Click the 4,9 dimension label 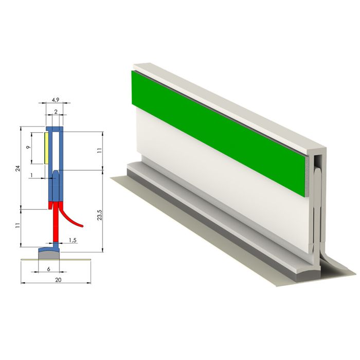click(x=56, y=100)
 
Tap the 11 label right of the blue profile click(x=99, y=150)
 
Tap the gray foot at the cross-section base click(x=49, y=253)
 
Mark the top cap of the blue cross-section click(x=55, y=128)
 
